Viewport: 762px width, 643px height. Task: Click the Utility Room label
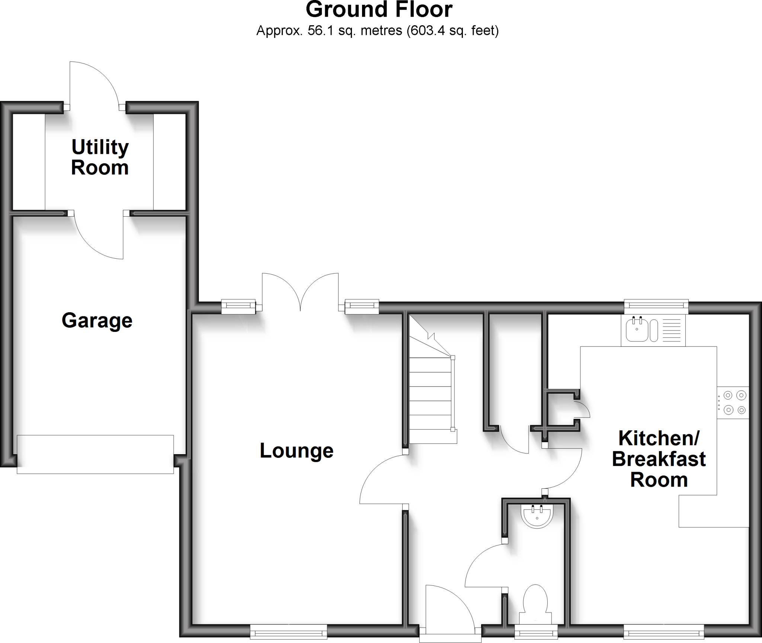click(100, 158)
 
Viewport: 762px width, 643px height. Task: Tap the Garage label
click(97, 320)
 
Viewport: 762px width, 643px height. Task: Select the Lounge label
click(297, 450)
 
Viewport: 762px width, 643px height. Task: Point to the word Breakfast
click(659, 459)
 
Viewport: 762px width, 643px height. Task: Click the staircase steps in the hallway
click(431, 394)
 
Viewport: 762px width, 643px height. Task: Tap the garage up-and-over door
click(95, 454)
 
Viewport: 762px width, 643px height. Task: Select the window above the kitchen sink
click(656, 305)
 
